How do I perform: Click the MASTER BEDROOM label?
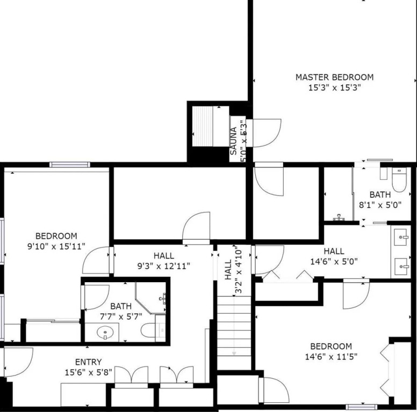point(334,77)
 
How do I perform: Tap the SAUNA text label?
point(233,141)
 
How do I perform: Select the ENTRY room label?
point(88,362)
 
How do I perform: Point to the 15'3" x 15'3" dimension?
point(334,87)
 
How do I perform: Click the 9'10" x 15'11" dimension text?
point(56,247)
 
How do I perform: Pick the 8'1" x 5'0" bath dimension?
point(380,205)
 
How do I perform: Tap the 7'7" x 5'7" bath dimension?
point(121,317)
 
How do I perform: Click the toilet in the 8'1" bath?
point(399,180)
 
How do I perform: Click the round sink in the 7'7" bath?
point(105,332)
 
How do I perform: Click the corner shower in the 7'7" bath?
point(151,297)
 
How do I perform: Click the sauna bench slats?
point(203,126)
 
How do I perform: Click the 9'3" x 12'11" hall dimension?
point(164,266)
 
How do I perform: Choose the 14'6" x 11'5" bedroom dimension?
point(331,357)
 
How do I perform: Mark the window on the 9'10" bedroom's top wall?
point(70,165)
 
